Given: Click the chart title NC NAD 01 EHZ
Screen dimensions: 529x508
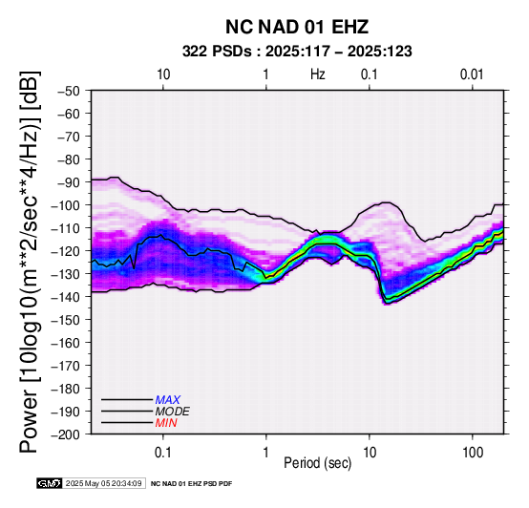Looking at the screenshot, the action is tap(297, 27).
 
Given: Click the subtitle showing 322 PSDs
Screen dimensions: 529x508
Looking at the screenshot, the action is tap(297, 52).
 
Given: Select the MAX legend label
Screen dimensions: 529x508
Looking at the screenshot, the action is tap(168, 400).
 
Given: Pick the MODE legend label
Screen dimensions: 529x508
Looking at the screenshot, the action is tap(173, 412).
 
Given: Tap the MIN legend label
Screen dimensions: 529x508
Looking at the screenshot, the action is tap(166, 423).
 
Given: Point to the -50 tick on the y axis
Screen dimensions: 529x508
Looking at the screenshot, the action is tap(69, 91).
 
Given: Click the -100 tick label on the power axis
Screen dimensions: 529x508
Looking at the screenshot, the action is tap(66, 205).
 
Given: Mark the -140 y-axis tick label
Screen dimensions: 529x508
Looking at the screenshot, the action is tap(66, 297).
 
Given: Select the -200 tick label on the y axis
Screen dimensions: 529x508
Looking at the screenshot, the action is tap(66, 434).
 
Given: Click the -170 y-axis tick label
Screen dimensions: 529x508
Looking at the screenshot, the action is tap(66, 366).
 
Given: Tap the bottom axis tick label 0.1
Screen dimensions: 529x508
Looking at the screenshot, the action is tap(163, 453).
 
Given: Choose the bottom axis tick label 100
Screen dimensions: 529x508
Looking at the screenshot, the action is tap(473, 453).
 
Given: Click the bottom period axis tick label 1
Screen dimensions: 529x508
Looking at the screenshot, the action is tap(266, 453).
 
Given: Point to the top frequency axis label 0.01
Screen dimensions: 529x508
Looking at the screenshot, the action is tap(472, 74).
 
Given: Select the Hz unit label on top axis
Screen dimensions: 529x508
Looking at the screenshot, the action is tap(318, 74).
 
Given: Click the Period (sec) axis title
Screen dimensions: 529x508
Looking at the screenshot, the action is tap(318, 463).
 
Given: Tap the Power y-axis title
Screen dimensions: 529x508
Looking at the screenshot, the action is tap(30, 263).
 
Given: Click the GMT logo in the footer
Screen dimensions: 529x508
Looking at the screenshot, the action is tap(50, 483).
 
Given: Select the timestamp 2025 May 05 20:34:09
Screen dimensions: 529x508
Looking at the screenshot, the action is tap(103, 484).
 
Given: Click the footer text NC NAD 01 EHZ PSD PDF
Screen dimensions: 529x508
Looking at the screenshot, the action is tap(191, 484).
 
